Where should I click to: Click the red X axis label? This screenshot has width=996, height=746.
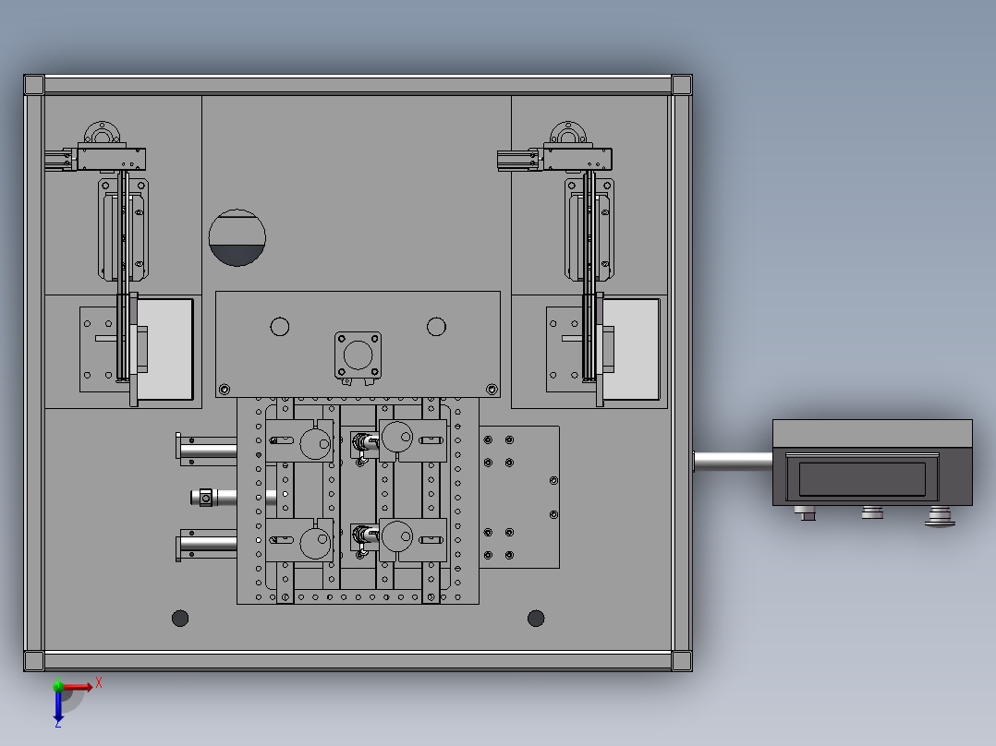coord(99,683)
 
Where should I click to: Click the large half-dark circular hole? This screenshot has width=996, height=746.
coord(237,237)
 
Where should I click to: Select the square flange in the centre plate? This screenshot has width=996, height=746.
coord(358,355)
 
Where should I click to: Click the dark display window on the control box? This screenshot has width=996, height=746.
coord(862,478)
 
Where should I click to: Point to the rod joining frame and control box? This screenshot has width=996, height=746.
coord(733,462)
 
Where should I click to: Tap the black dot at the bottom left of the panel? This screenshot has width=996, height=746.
coord(180,618)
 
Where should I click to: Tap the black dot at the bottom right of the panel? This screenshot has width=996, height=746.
coord(536,618)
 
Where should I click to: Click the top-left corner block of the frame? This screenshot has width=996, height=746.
coord(34,84)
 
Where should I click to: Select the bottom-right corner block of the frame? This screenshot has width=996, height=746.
coord(682,660)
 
